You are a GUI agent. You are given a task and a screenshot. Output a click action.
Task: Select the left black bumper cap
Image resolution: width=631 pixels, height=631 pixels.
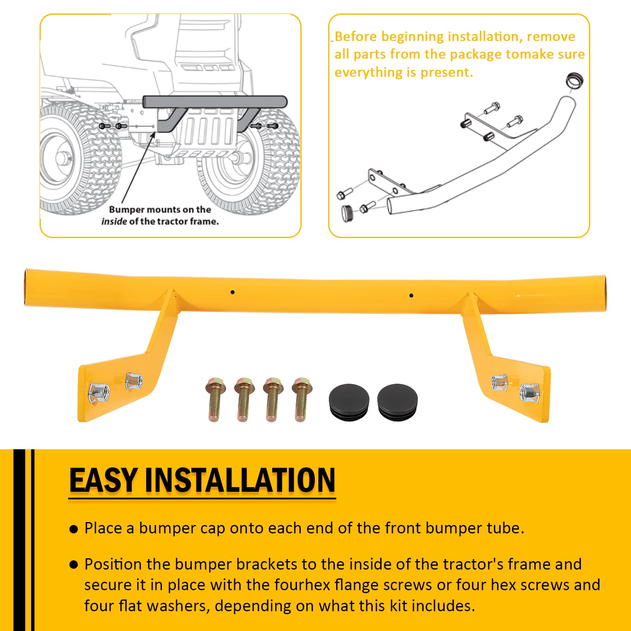(x=349, y=402)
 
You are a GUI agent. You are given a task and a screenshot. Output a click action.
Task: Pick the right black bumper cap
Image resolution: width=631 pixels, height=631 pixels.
(x=398, y=402)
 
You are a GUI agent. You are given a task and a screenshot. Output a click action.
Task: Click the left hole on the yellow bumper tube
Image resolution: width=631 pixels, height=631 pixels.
(x=232, y=292)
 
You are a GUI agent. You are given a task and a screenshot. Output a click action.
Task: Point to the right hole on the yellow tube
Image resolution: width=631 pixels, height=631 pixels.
(x=411, y=296)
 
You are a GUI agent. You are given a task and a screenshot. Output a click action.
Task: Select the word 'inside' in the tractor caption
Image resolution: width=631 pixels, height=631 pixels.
(x=114, y=221)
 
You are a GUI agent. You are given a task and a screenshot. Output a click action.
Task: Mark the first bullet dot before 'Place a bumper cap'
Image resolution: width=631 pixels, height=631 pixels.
(x=74, y=529)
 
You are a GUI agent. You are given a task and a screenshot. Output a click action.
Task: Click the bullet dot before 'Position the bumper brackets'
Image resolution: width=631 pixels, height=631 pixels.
(x=74, y=565)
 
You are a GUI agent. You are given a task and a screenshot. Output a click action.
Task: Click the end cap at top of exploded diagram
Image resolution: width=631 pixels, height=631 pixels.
(x=574, y=80)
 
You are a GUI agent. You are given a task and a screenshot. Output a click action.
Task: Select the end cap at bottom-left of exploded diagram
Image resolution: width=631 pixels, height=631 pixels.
(x=347, y=213)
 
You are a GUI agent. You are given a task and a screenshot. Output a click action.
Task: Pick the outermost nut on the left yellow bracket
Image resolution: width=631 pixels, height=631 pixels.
(x=98, y=392)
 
